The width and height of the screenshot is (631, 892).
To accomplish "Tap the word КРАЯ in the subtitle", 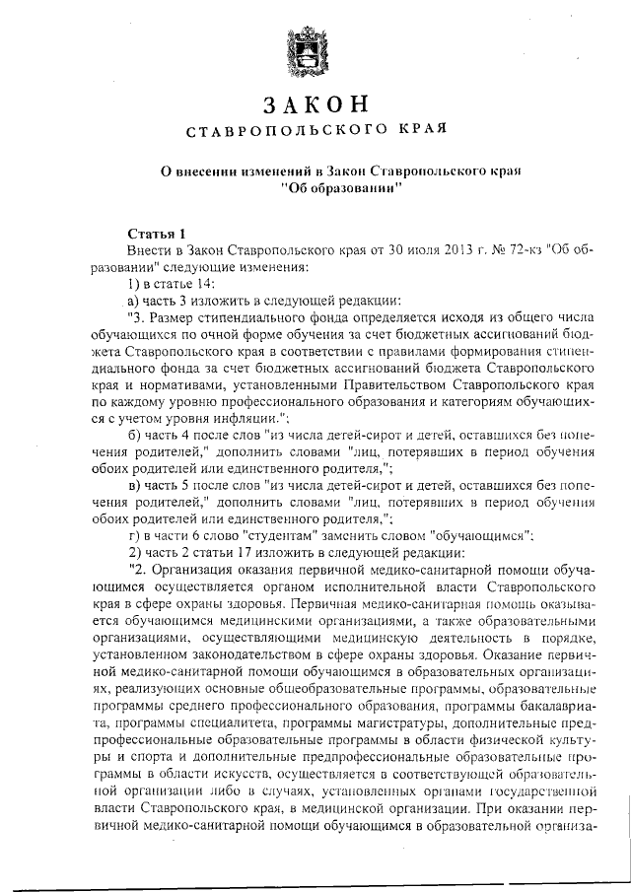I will pyautogui.click(x=418, y=130).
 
